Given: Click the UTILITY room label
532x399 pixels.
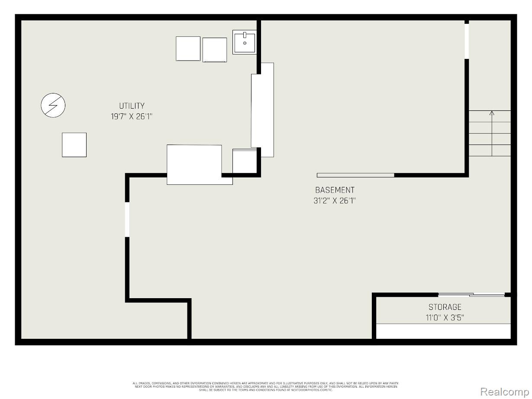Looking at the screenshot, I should [132, 106].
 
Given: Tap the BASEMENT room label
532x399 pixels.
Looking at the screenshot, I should [335, 190].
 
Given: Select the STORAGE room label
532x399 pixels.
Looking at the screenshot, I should [445, 307].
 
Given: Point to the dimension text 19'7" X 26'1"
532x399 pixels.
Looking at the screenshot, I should [132, 116].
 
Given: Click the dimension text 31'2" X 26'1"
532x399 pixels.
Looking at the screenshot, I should [335, 201].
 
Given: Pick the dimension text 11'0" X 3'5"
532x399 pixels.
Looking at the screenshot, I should [445, 318].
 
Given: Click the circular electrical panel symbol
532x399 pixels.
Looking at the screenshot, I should [53, 106].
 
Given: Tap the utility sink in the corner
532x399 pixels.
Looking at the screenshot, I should [244, 42].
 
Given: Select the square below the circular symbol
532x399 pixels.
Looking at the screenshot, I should [74, 145].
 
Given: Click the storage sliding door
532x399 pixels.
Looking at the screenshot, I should [471, 295].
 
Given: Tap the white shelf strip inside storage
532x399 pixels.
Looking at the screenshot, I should [443, 331].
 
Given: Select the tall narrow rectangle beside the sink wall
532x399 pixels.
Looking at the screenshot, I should [263, 110].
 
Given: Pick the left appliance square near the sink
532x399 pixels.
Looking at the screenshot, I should [188, 48].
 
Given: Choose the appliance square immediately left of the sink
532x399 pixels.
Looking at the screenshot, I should [215, 50].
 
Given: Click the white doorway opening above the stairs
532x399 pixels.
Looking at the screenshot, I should [467, 40].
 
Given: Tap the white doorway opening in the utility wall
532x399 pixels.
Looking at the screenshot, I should [127, 219].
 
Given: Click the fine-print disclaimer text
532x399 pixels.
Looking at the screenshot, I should [265, 386].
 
